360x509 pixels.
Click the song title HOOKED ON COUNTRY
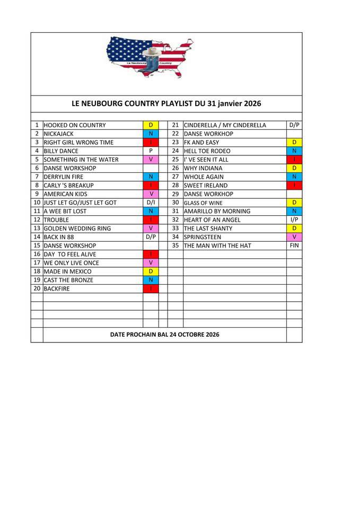75,125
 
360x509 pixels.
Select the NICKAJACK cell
59,134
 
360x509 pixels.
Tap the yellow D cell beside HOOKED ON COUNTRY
151,125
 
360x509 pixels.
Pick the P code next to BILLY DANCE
151,151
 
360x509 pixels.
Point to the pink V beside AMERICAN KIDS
151,194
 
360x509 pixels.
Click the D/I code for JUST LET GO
151,202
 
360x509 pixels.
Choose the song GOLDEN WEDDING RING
77,228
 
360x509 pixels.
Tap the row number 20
37,288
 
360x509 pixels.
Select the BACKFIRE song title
57,288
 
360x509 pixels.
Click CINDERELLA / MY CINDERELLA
225,125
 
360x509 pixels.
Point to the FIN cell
294,245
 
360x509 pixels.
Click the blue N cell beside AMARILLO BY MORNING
294,211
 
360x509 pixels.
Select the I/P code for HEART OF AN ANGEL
294,220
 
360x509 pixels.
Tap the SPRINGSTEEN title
203,237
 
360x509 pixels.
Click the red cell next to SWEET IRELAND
294,185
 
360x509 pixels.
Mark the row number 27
175,177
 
